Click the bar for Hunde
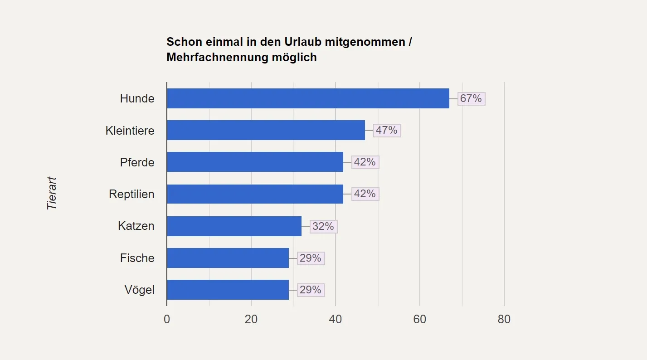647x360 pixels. click(308, 98)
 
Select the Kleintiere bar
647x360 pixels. click(266, 130)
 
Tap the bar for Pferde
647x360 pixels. click(255, 162)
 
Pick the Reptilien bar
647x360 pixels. click(255, 194)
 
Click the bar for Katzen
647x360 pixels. click(234, 226)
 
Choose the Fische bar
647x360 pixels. click(228, 258)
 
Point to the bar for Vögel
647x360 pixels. click(228, 290)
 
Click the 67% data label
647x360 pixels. click(471, 98)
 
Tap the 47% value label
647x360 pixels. click(387, 130)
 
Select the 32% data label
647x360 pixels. click(323, 226)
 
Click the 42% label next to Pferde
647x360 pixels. click(365, 162)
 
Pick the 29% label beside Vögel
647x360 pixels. click(311, 290)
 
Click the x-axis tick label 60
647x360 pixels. click(420, 319)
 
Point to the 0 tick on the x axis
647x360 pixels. click(167, 319)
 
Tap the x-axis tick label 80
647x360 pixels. click(504, 319)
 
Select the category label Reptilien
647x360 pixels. click(131, 194)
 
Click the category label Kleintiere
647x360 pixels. click(130, 131)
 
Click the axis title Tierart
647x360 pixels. click(52, 193)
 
